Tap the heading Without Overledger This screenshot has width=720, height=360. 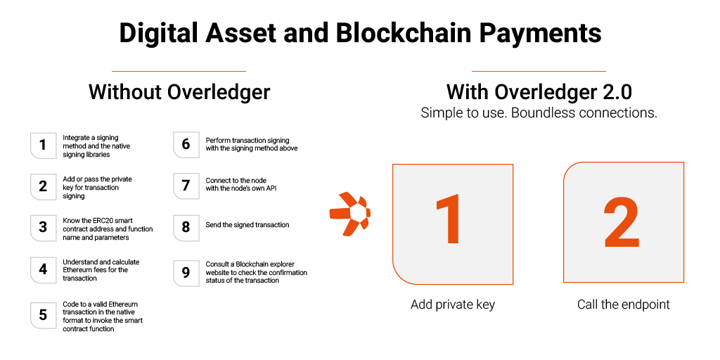[179, 92]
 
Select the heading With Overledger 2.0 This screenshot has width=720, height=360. [539, 92]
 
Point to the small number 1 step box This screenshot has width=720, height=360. [43, 145]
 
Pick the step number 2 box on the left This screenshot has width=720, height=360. [43, 186]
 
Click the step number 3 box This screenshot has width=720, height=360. [43, 227]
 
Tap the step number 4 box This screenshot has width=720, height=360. [43, 269]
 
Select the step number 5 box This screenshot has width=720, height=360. [43, 315]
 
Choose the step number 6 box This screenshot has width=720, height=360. [186, 144]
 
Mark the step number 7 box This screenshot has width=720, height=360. [186, 186]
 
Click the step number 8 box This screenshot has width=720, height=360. [186, 227]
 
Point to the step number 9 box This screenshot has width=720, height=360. [186, 272]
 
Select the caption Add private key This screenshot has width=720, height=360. [453, 304]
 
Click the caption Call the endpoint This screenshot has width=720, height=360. [624, 304]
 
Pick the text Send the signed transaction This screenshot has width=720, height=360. [247, 225]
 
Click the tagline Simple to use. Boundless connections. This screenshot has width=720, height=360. [539, 112]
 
